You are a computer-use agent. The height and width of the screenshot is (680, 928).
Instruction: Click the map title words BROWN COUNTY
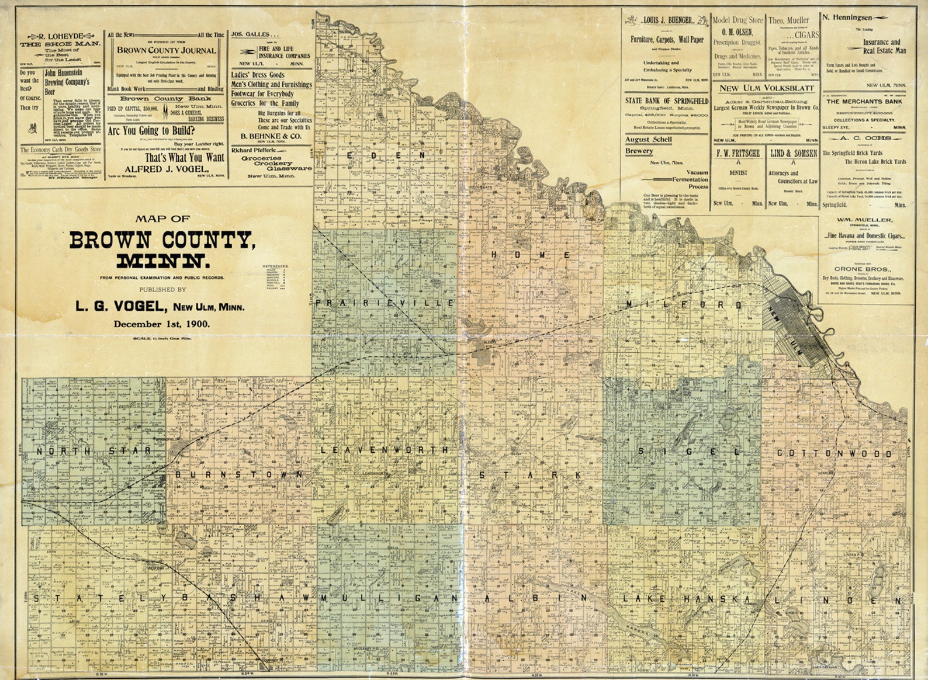[x=162, y=240]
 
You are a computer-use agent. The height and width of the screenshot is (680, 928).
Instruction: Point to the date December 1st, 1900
[x=162, y=324]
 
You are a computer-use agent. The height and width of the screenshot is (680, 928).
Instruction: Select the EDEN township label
[x=386, y=155]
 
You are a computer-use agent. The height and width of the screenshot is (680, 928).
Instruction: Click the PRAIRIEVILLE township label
[x=385, y=303]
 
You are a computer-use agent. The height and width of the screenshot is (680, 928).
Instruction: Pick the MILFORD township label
[x=684, y=305]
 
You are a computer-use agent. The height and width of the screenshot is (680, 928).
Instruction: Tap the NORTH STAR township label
[x=94, y=451]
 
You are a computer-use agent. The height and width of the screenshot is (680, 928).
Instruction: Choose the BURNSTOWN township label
[x=239, y=474]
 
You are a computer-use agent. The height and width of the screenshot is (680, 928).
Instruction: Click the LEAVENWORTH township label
[x=385, y=450]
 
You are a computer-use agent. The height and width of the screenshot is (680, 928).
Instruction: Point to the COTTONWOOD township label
[x=834, y=453]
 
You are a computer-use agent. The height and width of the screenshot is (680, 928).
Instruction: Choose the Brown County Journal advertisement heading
[x=167, y=50]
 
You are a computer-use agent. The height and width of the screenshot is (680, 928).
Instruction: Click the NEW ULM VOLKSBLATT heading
[x=766, y=88]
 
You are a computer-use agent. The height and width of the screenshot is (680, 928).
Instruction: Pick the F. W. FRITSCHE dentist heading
[x=738, y=153]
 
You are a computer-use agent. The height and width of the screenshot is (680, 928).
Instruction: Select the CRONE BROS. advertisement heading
[x=862, y=269]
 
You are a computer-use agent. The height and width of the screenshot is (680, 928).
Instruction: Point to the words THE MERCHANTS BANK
[x=864, y=102]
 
